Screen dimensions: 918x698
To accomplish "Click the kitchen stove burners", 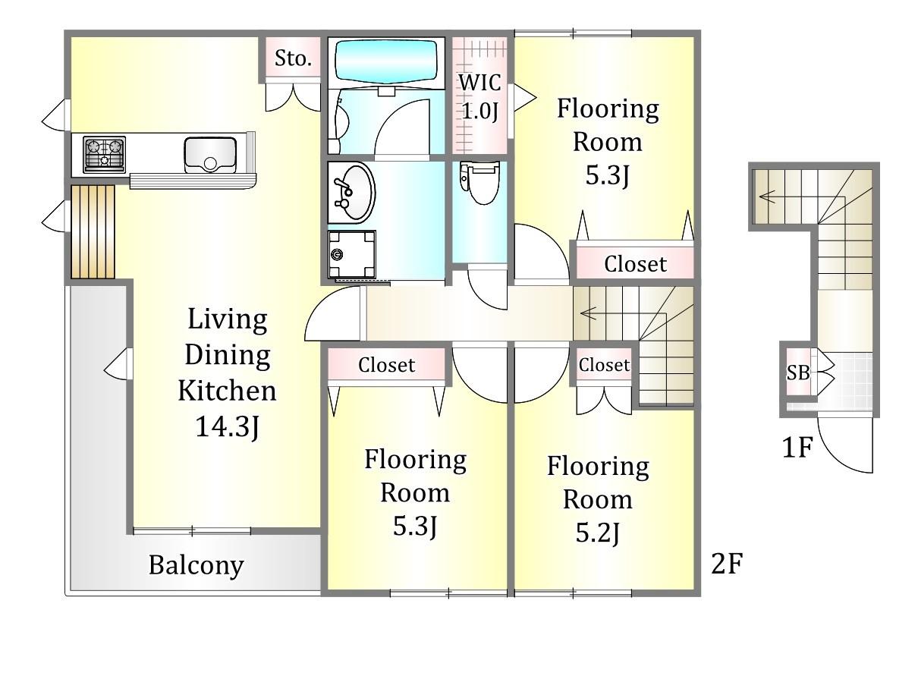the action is [x=104, y=154].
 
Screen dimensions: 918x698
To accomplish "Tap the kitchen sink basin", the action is [x=210, y=155].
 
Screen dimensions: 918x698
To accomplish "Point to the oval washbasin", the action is [x=351, y=193].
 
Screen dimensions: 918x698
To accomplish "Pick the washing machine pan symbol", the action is [x=351, y=253].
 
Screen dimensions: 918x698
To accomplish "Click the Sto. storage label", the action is [x=293, y=58].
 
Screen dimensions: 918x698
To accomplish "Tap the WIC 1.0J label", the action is [x=479, y=96].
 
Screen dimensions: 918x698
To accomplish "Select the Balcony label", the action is [x=196, y=565].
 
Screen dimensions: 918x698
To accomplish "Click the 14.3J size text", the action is [x=227, y=426].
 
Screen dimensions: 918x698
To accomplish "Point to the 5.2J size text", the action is [x=598, y=533].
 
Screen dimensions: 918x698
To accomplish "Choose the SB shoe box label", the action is [x=798, y=373].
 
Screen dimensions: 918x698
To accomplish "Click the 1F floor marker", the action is [x=797, y=447].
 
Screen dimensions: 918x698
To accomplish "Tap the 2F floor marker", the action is [x=727, y=564].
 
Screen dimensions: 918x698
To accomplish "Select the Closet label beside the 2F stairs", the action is [x=604, y=365].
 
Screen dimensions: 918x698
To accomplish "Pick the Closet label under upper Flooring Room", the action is [x=635, y=264].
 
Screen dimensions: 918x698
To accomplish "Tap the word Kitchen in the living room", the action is [x=227, y=391].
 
